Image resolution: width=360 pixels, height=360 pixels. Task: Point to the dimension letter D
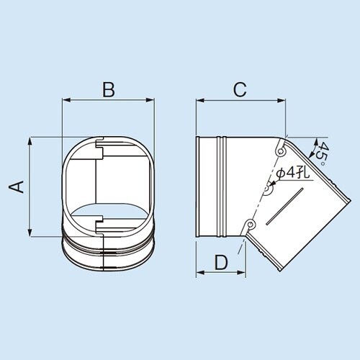pyautogui.click(x=221, y=262)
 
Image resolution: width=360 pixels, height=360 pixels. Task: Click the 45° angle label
pyautogui.click(x=325, y=153)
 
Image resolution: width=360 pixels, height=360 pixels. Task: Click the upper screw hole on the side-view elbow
pyautogui.click(x=279, y=153)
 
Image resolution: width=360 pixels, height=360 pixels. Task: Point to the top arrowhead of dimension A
pyautogui.click(x=30, y=140)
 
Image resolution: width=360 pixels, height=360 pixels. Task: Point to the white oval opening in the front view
pyautogui.click(x=108, y=213)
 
